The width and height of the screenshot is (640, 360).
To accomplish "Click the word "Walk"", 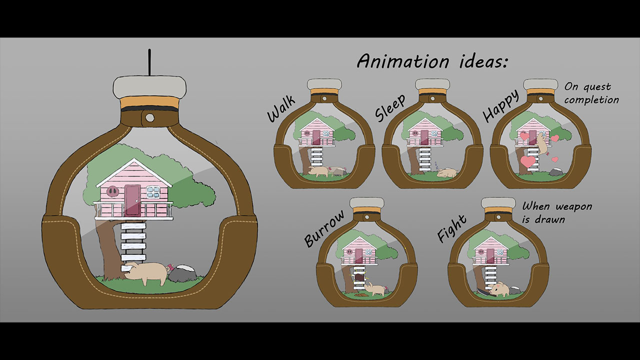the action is pos(281,109).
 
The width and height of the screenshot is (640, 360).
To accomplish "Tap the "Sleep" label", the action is pos(389,107).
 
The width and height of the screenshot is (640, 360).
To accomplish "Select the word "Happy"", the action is pos(500,105).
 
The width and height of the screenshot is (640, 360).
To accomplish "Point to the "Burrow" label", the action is pos(324,229).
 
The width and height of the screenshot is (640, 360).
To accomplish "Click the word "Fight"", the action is pos(452,228).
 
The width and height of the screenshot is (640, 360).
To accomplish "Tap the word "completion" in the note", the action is pos(591,99).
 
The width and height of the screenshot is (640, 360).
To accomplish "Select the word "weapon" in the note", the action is pos(574,206).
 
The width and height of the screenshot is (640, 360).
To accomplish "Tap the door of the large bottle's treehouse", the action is pos(132,200).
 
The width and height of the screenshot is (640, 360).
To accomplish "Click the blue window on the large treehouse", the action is pos(153,191).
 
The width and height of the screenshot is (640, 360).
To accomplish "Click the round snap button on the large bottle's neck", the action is pos(149,117).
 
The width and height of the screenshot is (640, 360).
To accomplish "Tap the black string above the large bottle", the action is pos(149,62).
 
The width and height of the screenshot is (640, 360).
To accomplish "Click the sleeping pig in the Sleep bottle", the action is pos(447,173).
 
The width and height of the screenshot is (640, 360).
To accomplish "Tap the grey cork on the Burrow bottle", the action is pos(367,202).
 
